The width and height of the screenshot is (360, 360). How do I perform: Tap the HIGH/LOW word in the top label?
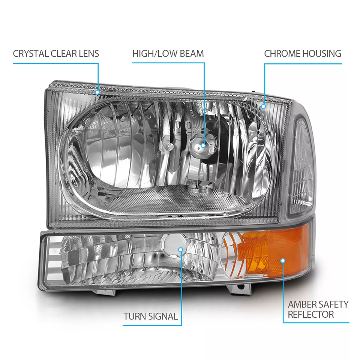(x=155, y=54)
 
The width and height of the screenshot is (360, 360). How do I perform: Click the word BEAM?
(x=192, y=54)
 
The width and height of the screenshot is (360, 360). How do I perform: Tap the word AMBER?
(x=301, y=304)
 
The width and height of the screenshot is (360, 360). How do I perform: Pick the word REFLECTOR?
(x=311, y=315)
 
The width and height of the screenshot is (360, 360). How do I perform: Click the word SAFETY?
(x=332, y=304)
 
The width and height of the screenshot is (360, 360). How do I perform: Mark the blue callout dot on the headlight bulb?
(x=203, y=145)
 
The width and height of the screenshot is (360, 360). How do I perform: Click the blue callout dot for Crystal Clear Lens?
(x=97, y=92)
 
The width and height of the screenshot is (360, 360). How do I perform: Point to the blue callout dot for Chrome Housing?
(x=264, y=106)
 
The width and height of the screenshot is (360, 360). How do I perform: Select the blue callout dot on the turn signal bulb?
(x=181, y=250)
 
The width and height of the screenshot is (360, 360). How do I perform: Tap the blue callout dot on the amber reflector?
(x=283, y=261)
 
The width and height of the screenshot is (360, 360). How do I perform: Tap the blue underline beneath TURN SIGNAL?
(x=152, y=325)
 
